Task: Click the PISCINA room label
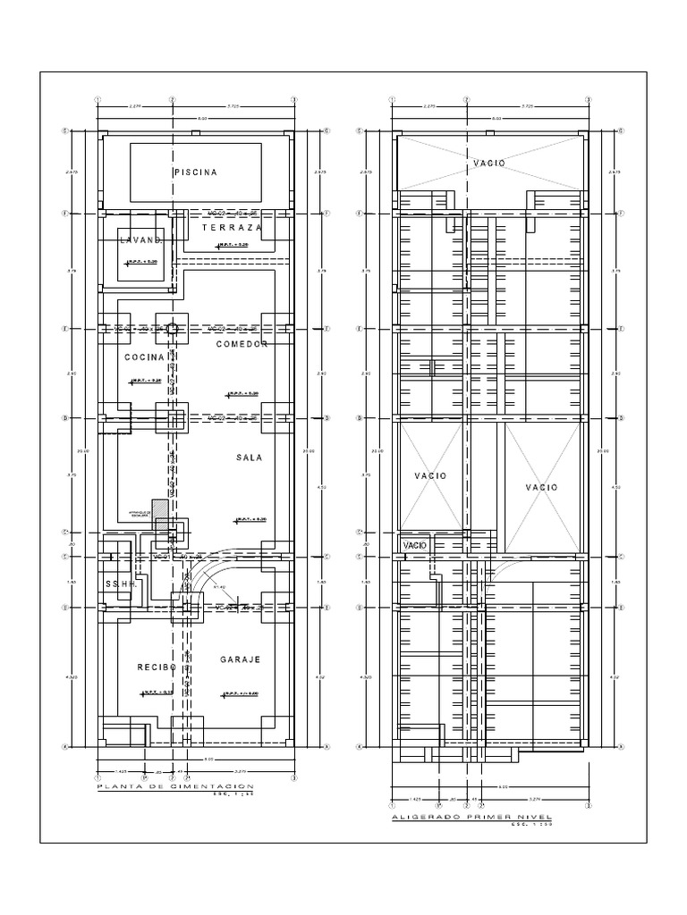[196, 172]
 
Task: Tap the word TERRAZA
[232, 229]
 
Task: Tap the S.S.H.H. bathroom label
[118, 584]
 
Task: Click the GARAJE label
[240, 659]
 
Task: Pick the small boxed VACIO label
[414, 544]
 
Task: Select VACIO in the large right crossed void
[541, 487]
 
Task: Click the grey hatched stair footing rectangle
[159, 507]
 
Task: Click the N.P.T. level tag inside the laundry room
[142, 262]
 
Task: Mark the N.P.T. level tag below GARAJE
[241, 693]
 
